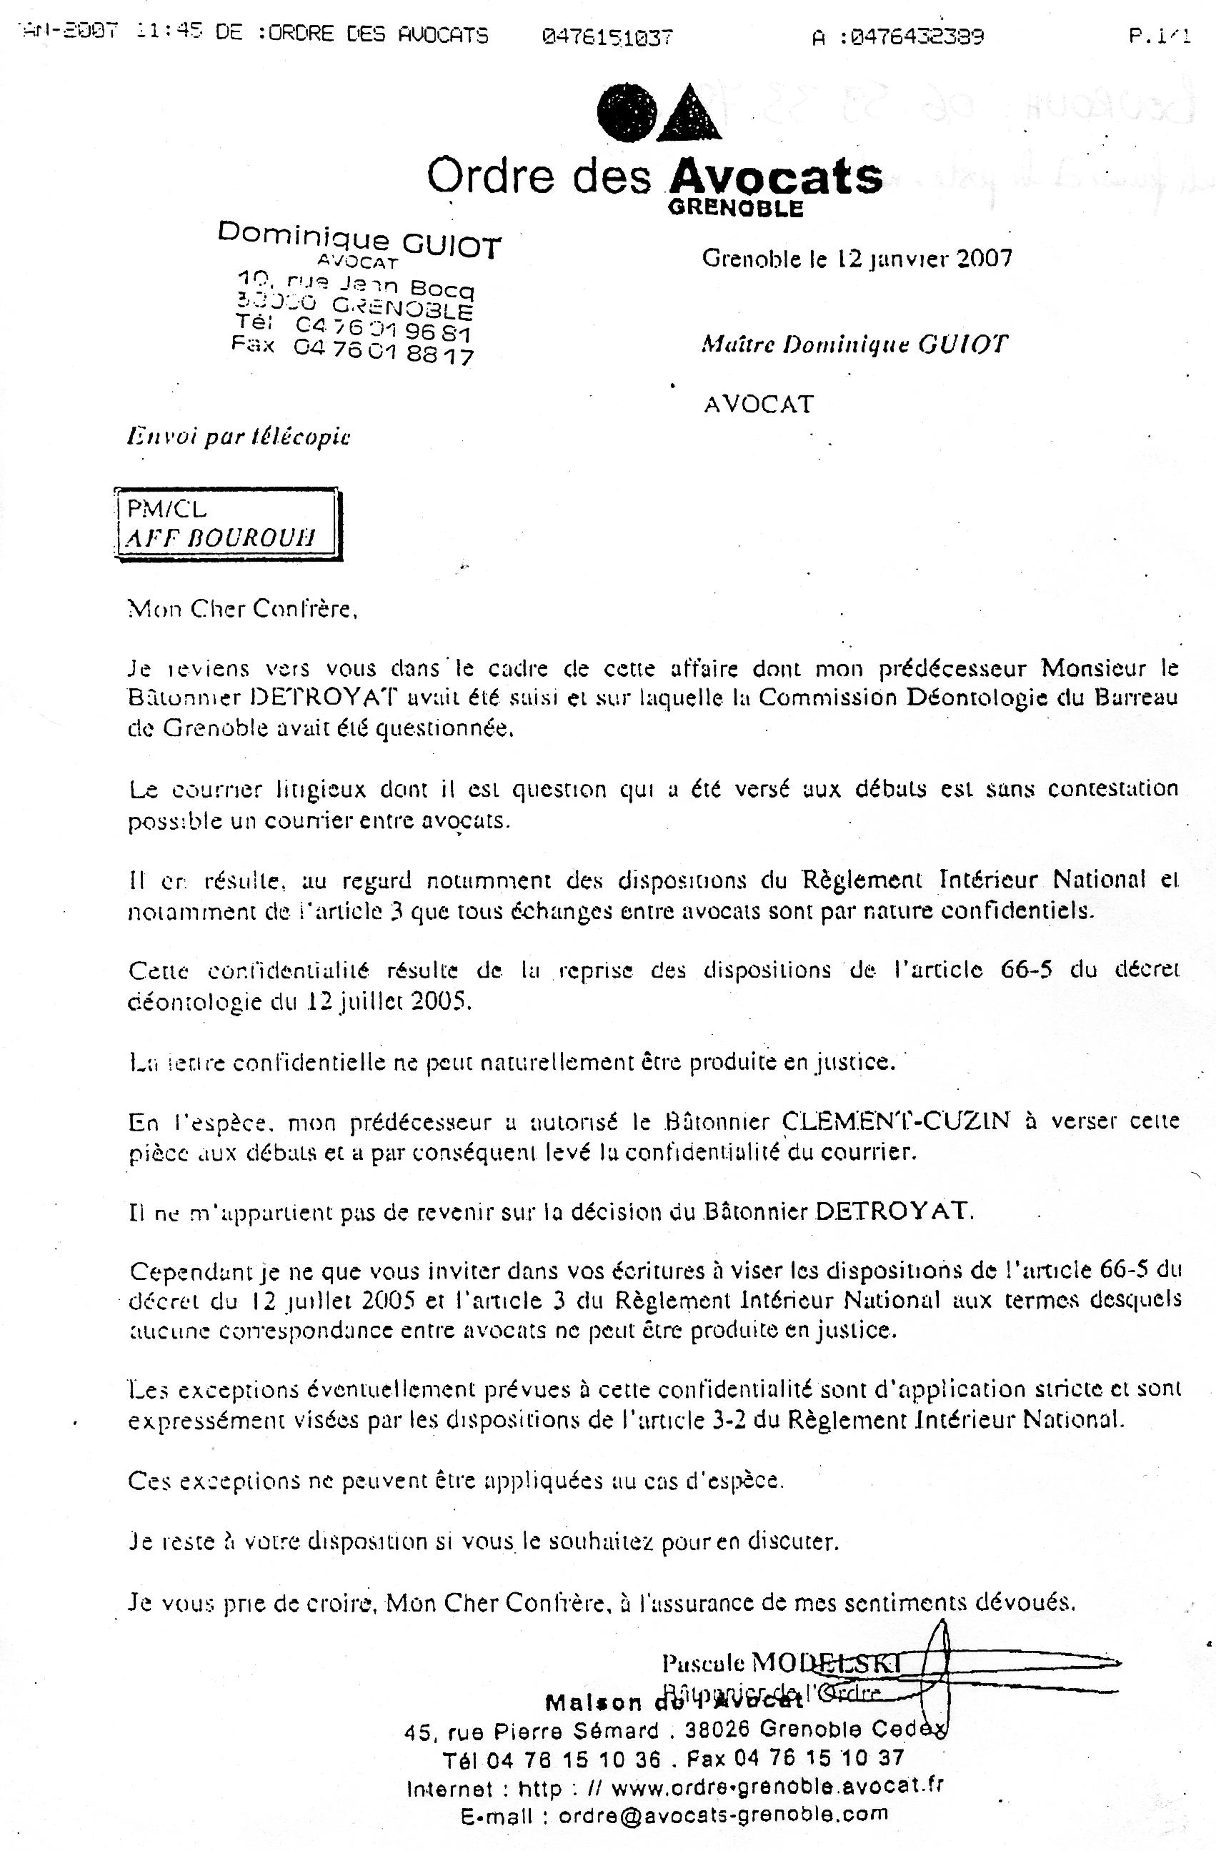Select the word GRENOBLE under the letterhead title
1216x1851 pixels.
click(734, 209)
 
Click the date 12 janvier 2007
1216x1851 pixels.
click(919, 258)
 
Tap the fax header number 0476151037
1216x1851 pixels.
click(607, 36)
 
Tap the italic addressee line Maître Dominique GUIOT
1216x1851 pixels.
click(854, 344)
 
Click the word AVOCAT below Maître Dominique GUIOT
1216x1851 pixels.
click(758, 404)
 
